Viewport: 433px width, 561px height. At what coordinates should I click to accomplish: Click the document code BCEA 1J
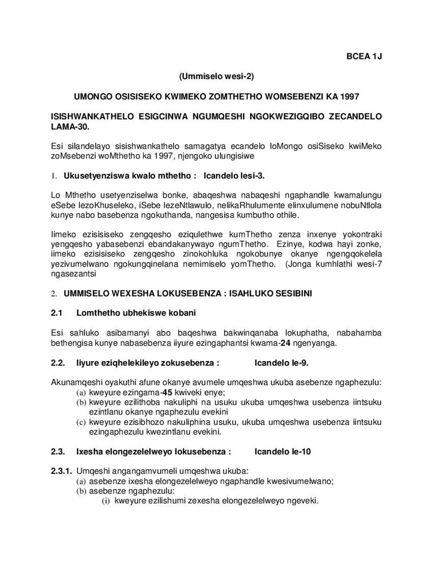point(364,56)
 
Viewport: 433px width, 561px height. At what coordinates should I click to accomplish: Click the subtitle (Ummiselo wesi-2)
point(216,76)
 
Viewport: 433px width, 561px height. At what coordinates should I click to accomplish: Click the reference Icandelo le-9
point(281,363)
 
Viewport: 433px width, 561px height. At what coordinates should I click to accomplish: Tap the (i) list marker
point(106,500)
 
